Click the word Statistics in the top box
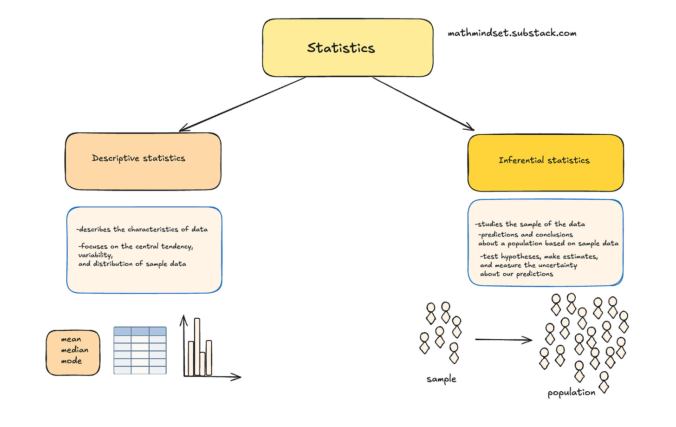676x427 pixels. coord(341,48)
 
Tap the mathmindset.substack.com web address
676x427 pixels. coord(512,33)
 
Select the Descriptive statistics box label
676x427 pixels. coord(138,158)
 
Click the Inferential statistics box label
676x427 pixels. coord(544,160)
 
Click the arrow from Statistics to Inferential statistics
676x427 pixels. coord(422,104)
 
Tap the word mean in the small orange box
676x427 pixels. coord(71,339)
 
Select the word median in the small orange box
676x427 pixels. coord(74,350)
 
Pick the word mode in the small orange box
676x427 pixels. coord(71,361)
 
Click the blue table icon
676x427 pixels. coord(140,350)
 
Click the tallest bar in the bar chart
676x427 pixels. coord(197,346)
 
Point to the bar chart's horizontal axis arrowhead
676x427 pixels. coord(237,377)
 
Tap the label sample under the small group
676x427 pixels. coord(441,379)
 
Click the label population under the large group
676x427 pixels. coord(571,393)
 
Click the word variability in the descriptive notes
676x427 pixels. coord(95,255)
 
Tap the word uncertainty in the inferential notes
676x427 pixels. coord(557,265)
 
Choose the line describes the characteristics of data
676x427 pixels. coord(142,229)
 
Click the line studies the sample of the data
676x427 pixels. coord(530,224)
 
